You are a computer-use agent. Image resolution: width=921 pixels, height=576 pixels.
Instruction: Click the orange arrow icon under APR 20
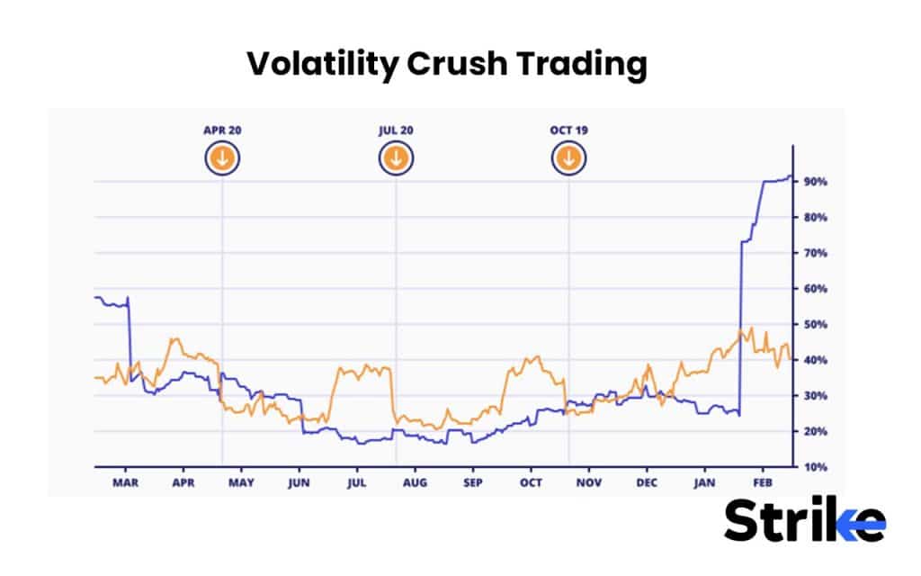click(222, 159)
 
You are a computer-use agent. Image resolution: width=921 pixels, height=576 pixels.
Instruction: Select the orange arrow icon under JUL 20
click(396, 159)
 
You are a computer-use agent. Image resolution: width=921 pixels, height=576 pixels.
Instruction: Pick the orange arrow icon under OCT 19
click(568, 159)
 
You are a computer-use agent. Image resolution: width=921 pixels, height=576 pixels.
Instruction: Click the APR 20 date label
click(222, 130)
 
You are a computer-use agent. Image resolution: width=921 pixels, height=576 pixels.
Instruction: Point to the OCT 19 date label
click(568, 130)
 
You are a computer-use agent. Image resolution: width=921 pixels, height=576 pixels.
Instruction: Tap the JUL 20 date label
click(396, 130)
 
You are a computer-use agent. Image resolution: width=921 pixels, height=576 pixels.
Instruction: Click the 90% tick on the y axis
click(815, 182)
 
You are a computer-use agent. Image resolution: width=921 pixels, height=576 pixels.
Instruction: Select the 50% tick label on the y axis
click(815, 324)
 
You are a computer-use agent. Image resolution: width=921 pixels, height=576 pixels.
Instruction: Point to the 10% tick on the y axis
click(815, 467)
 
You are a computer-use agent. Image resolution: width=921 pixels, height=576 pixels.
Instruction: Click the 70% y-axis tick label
click(815, 253)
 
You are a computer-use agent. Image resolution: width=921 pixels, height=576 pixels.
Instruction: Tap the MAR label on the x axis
click(125, 481)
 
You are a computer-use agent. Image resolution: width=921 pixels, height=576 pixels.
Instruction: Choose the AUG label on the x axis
click(415, 481)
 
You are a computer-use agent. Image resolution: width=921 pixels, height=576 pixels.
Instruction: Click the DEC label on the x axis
click(647, 481)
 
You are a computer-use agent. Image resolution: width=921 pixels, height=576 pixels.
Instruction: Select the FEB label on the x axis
click(763, 481)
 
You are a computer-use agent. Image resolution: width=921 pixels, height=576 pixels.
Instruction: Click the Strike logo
click(804, 521)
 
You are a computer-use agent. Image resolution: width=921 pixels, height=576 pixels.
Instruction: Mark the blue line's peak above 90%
click(790, 176)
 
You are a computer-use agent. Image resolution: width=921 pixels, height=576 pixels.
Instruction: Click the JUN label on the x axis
click(299, 481)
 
